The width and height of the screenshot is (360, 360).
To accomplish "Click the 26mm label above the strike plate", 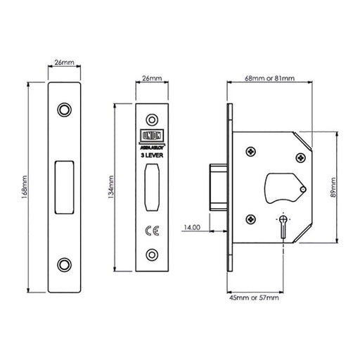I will [x=65, y=61].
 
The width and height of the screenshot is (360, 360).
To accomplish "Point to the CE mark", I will [x=153, y=230].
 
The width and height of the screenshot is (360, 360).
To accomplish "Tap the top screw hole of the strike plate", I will [x=65, y=110].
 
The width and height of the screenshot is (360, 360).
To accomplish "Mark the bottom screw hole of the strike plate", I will [x=65, y=264].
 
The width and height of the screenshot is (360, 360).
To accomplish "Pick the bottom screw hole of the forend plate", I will [x=152, y=254].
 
